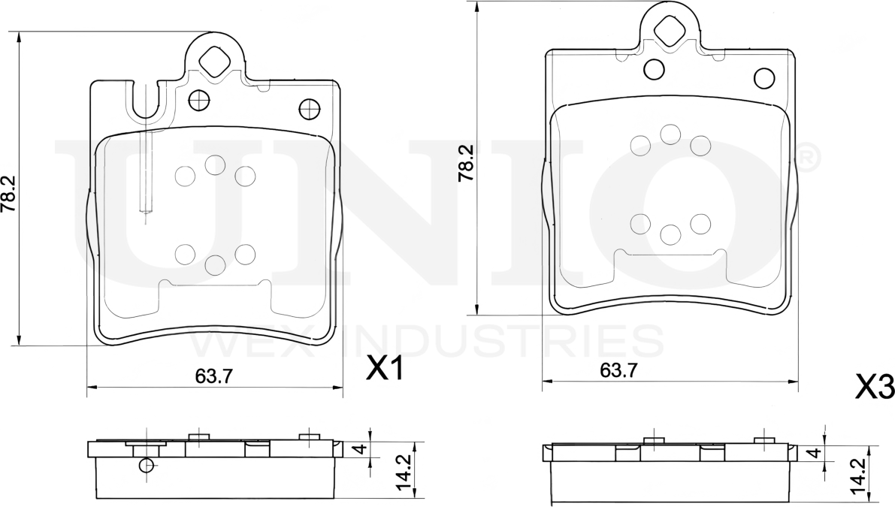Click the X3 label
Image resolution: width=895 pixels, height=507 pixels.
pos(875,388)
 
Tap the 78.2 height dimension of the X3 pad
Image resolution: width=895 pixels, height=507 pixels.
pos(467,162)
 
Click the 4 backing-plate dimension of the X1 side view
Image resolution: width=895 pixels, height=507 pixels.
pos(361,449)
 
